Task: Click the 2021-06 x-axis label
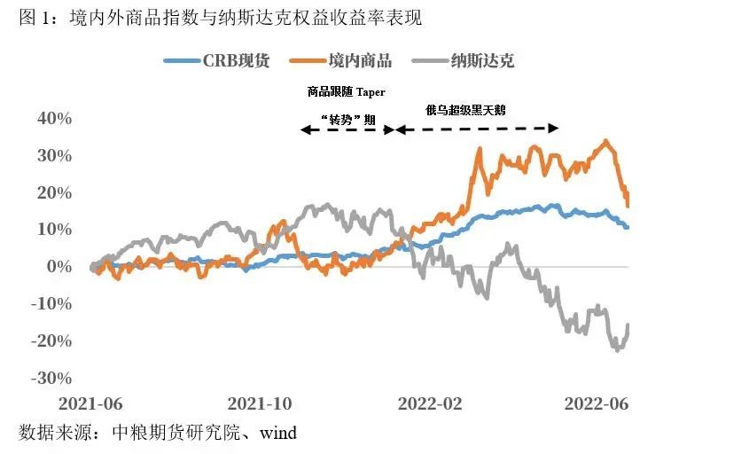(90, 403)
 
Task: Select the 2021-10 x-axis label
(260, 403)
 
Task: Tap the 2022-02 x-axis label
(430, 403)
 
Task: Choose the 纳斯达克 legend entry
(482, 61)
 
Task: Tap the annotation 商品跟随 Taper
(347, 91)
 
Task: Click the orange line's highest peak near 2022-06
(605, 141)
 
